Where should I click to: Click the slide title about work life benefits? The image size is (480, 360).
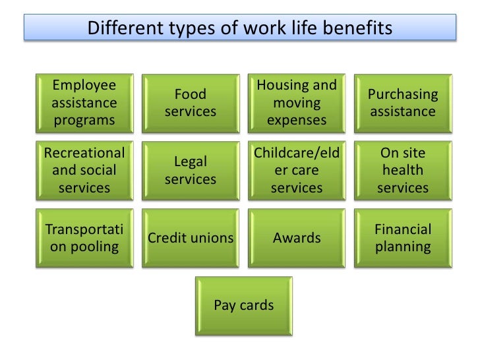240,28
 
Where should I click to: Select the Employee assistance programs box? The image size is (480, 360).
84,103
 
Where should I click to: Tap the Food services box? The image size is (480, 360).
191,103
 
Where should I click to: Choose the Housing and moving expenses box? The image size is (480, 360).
297,103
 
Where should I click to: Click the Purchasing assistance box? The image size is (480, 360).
402,103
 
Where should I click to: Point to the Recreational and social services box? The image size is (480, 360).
84,170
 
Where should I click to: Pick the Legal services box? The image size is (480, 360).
191,170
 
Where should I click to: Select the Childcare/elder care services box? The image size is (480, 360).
297,170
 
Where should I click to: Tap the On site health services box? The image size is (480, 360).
402,170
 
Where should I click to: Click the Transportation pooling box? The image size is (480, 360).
84,238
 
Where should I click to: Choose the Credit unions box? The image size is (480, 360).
191,238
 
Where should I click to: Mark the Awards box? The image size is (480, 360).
297,238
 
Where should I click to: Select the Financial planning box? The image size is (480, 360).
402,238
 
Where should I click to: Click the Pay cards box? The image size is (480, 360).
244,306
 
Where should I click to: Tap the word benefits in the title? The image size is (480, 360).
358,28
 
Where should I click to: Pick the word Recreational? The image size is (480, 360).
84,153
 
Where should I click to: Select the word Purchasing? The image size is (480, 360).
402,94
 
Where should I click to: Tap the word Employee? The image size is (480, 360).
84,86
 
